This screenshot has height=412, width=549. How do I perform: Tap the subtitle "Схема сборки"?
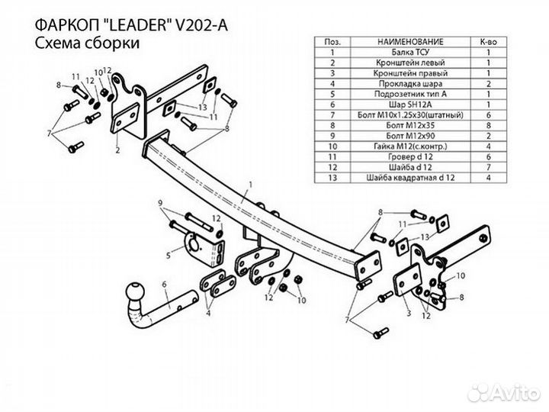tap(86, 43)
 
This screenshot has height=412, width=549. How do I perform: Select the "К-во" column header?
tap(490, 41)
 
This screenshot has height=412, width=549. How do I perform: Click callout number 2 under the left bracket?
tap(117, 150)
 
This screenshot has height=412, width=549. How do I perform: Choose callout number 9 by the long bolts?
tap(161, 203)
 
